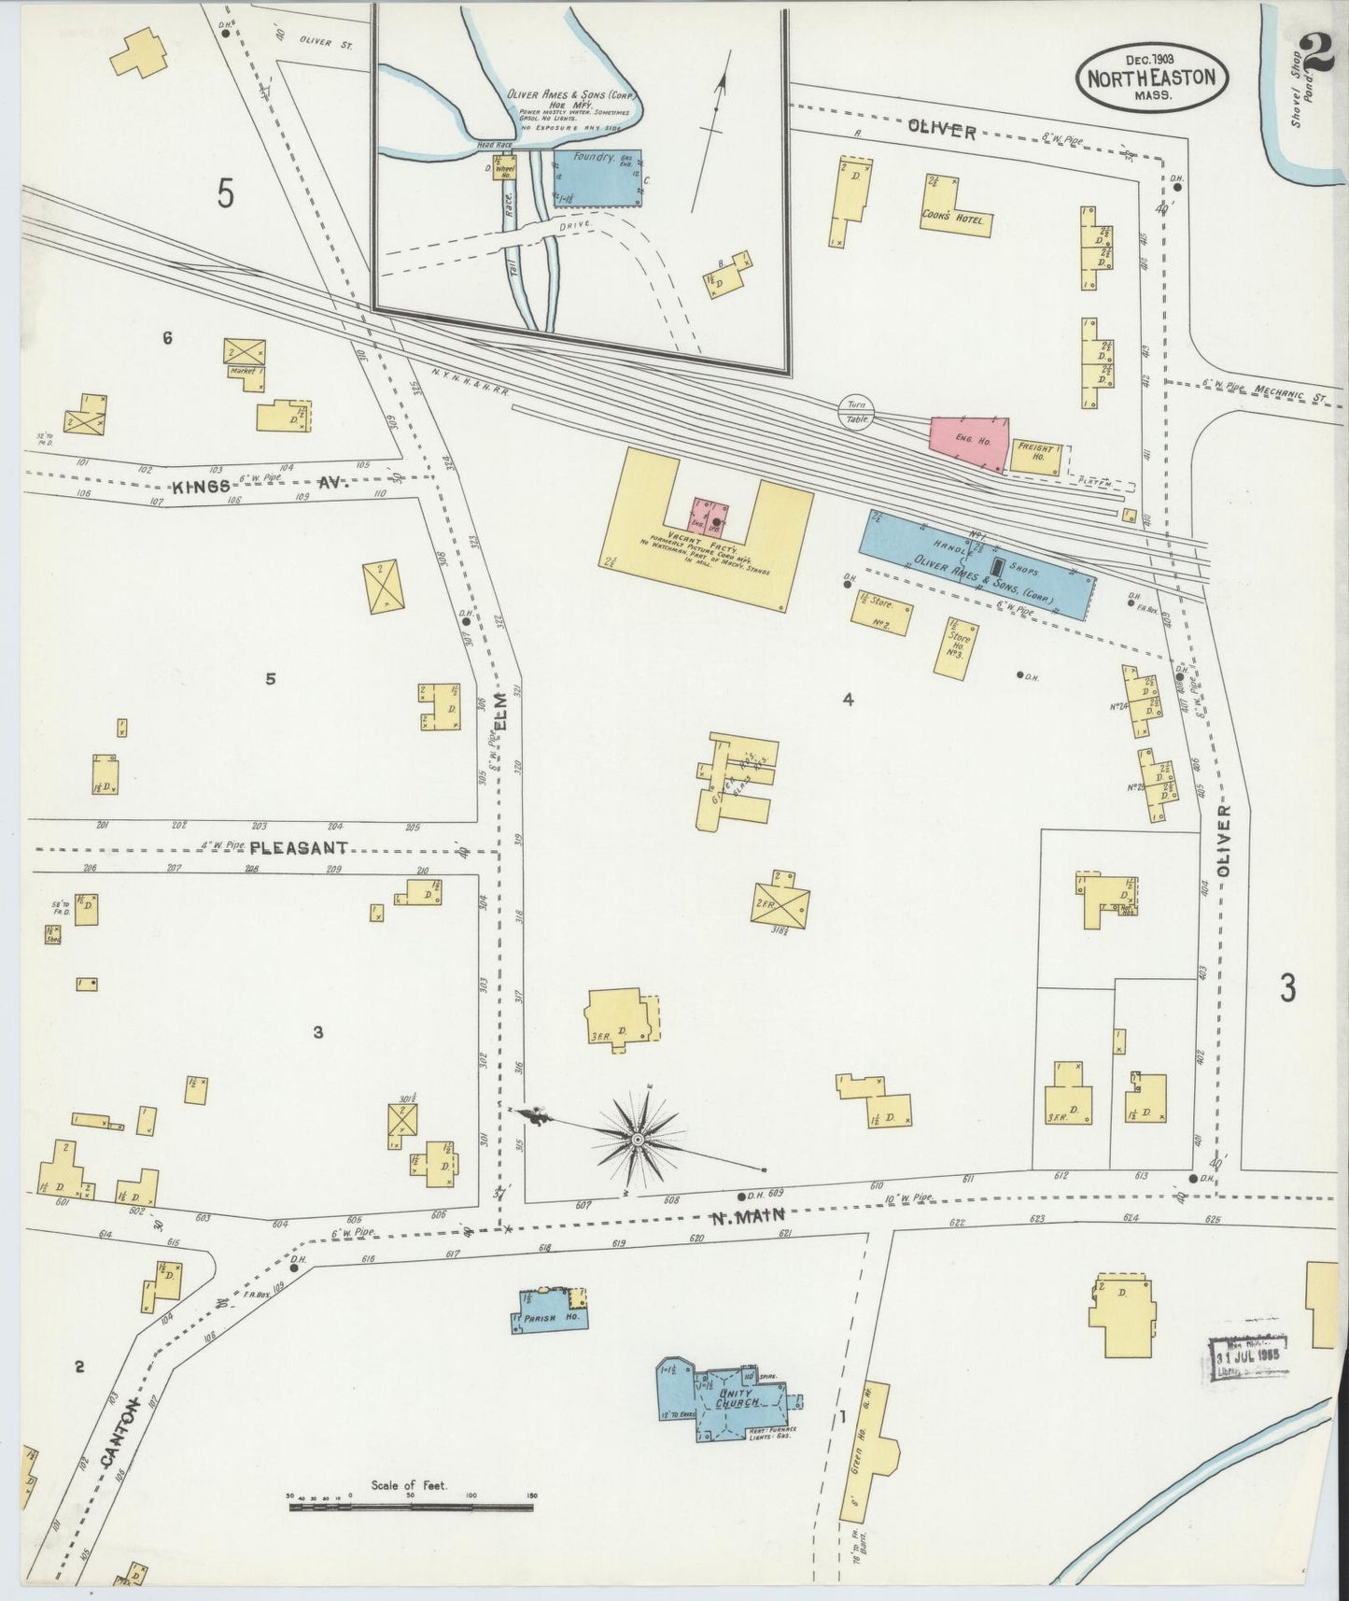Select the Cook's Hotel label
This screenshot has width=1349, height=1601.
[956, 217]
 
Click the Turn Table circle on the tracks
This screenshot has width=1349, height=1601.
[856, 412]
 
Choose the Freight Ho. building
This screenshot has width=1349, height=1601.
[1034, 455]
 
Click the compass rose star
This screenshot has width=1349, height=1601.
[638, 1141]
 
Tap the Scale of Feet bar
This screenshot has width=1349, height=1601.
[411, 1532]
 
